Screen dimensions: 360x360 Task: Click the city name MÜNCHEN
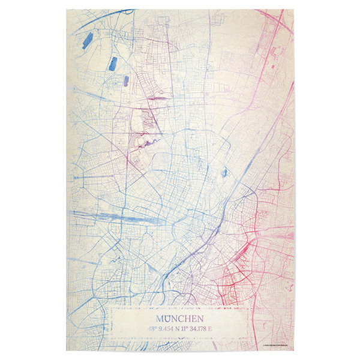tap(179, 319)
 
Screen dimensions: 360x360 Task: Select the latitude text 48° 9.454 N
tap(163, 329)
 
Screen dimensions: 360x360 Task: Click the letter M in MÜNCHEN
tap(160, 319)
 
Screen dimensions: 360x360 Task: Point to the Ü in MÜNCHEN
tap(169, 319)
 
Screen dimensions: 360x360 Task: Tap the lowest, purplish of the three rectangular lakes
tap(126, 80)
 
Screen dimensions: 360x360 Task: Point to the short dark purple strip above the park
tap(158, 97)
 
